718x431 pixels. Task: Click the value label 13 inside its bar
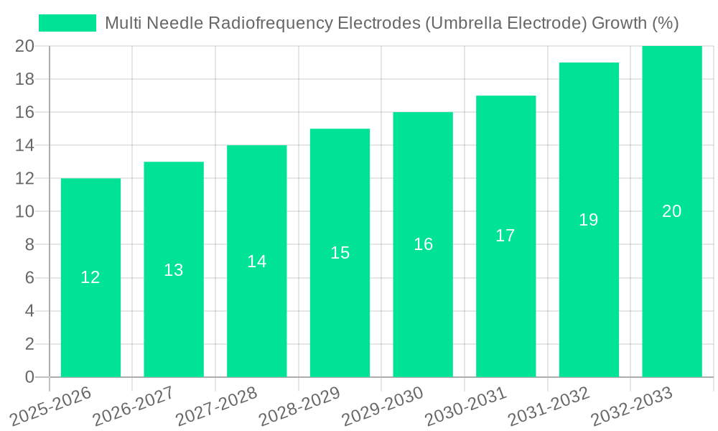click(174, 270)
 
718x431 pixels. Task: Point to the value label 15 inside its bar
click(340, 253)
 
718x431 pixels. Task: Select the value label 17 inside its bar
click(505, 236)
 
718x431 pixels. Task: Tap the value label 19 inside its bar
click(589, 220)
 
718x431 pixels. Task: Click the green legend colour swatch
click(67, 23)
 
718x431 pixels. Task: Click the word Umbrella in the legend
click(460, 23)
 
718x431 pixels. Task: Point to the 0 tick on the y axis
click(29, 377)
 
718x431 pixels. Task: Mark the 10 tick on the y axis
click(24, 212)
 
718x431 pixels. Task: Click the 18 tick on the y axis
click(24, 79)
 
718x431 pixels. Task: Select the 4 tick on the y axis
click(29, 311)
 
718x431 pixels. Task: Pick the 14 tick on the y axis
click(24, 145)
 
